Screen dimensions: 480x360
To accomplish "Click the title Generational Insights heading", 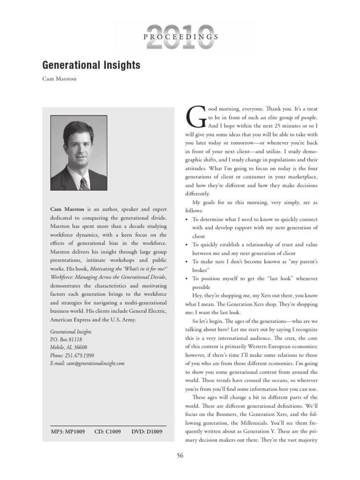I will (x=91, y=65).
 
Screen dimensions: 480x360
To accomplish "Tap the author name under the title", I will (x=60, y=79).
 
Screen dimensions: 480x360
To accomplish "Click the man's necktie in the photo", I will (x=84, y=183).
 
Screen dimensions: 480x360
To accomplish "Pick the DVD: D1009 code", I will (x=147, y=432).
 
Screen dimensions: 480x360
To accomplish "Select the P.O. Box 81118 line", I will (x=66, y=339).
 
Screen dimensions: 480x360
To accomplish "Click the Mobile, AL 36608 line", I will (x=69, y=347).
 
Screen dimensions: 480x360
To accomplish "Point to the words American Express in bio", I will (x=71, y=319).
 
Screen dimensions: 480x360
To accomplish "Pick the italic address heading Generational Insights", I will (x=71, y=331).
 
